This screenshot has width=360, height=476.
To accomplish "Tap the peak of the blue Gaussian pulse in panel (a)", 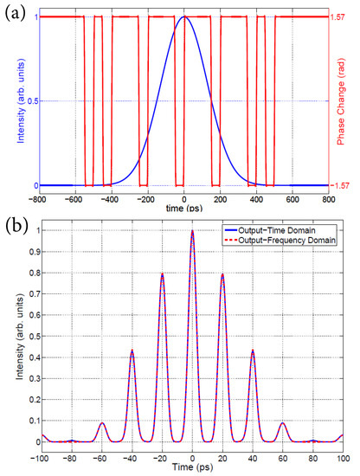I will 183,17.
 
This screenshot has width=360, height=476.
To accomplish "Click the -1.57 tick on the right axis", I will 338,185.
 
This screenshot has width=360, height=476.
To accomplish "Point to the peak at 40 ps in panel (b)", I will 253,351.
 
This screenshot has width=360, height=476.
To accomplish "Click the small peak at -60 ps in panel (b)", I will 102,423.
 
